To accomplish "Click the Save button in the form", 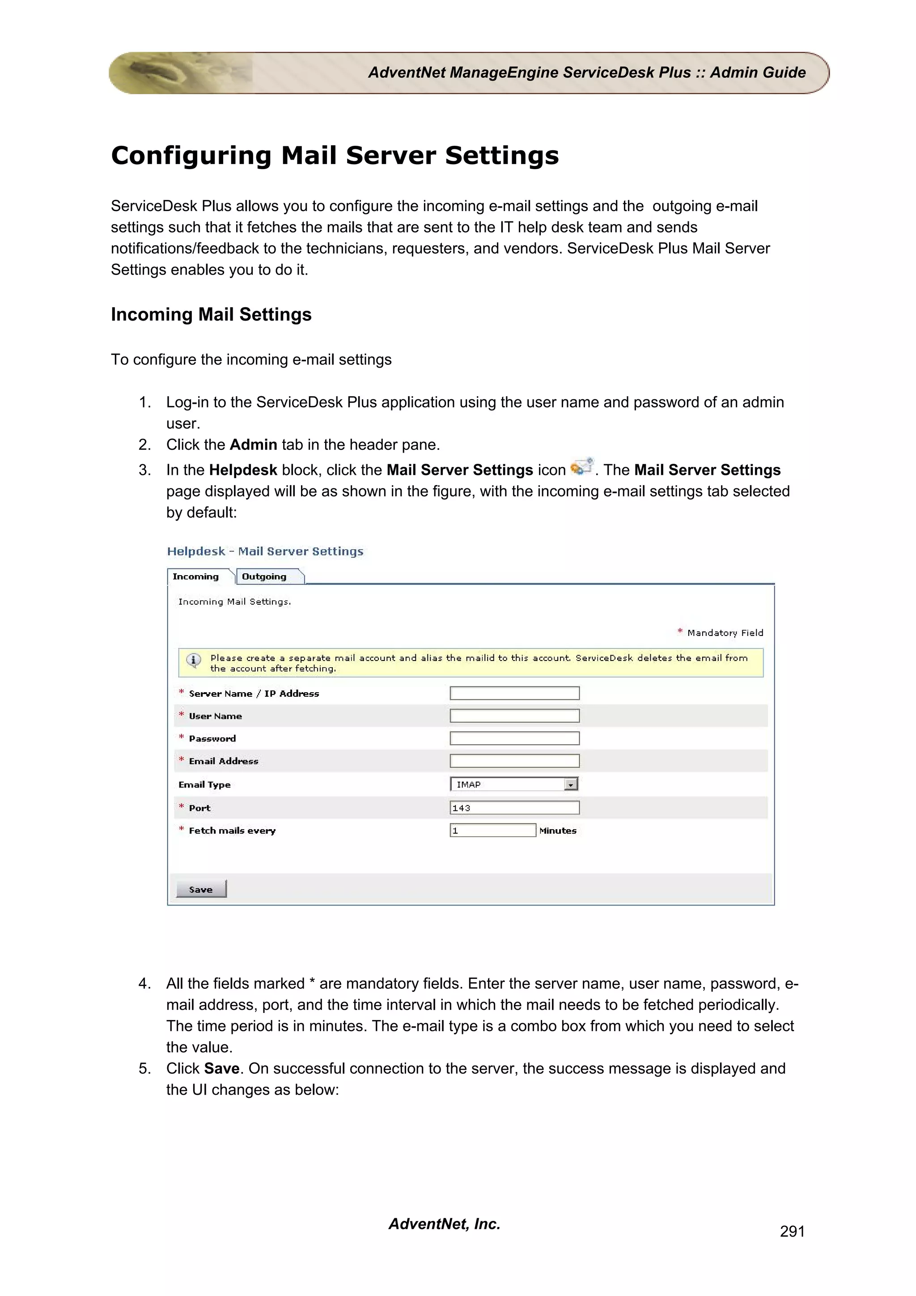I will (x=201, y=889).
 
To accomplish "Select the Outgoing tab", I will (x=264, y=576).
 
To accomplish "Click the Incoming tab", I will (x=196, y=576).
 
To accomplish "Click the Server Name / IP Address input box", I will (x=514, y=693).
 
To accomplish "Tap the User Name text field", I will (x=514, y=716).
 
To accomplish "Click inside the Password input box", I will (x=514, y=738).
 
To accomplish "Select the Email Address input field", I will (x=514, y=761).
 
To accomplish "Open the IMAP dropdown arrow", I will (x=571, y=784).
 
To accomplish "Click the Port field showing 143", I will (x=514, y=808).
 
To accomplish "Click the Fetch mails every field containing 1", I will (x=492, y=830).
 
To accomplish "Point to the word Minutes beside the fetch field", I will (x=558, y=830).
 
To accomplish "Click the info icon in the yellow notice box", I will (x=194, y=660).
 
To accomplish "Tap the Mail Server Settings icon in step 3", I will (x=582, y=467).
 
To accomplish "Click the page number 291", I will (x=792, y=1232).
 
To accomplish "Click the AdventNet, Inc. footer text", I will (x=444, y=1224).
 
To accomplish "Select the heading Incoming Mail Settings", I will (x=211, y=314).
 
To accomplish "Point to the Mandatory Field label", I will (x=725, y=633).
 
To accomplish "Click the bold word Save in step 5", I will (x=222, y=1068).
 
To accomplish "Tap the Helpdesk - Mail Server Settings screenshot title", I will (x=265, y=551).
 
